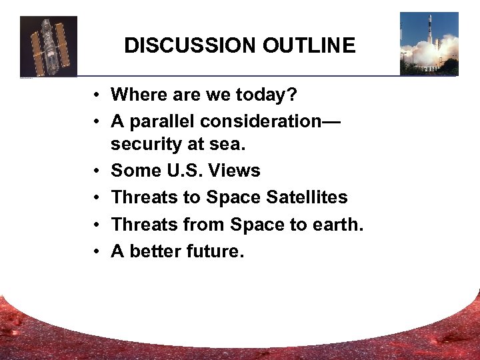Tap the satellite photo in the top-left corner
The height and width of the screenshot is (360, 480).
tap(49, 46)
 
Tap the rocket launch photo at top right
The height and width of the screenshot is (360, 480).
tap(429, 43)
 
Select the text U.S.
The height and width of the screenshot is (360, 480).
tap(183, 171)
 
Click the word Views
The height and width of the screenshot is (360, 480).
tap(234, 171)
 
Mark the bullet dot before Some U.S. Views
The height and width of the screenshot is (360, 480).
tap(97, 171)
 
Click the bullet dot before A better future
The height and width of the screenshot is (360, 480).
tap(97, 252)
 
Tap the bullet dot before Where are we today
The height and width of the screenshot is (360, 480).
tap(97, 96)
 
